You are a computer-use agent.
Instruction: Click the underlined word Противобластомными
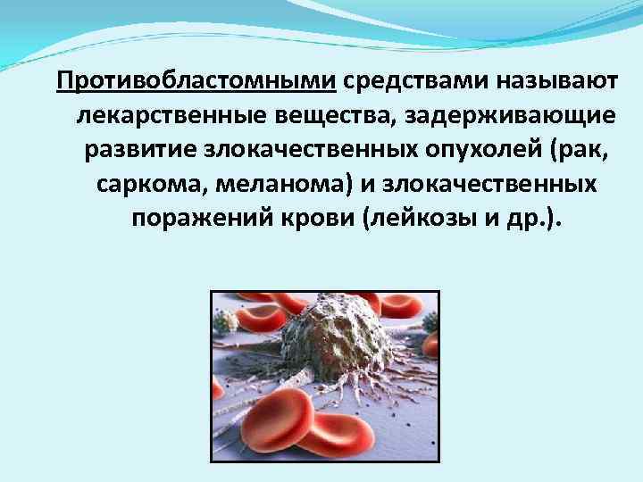pyautogui.click(x=196, y=83)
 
